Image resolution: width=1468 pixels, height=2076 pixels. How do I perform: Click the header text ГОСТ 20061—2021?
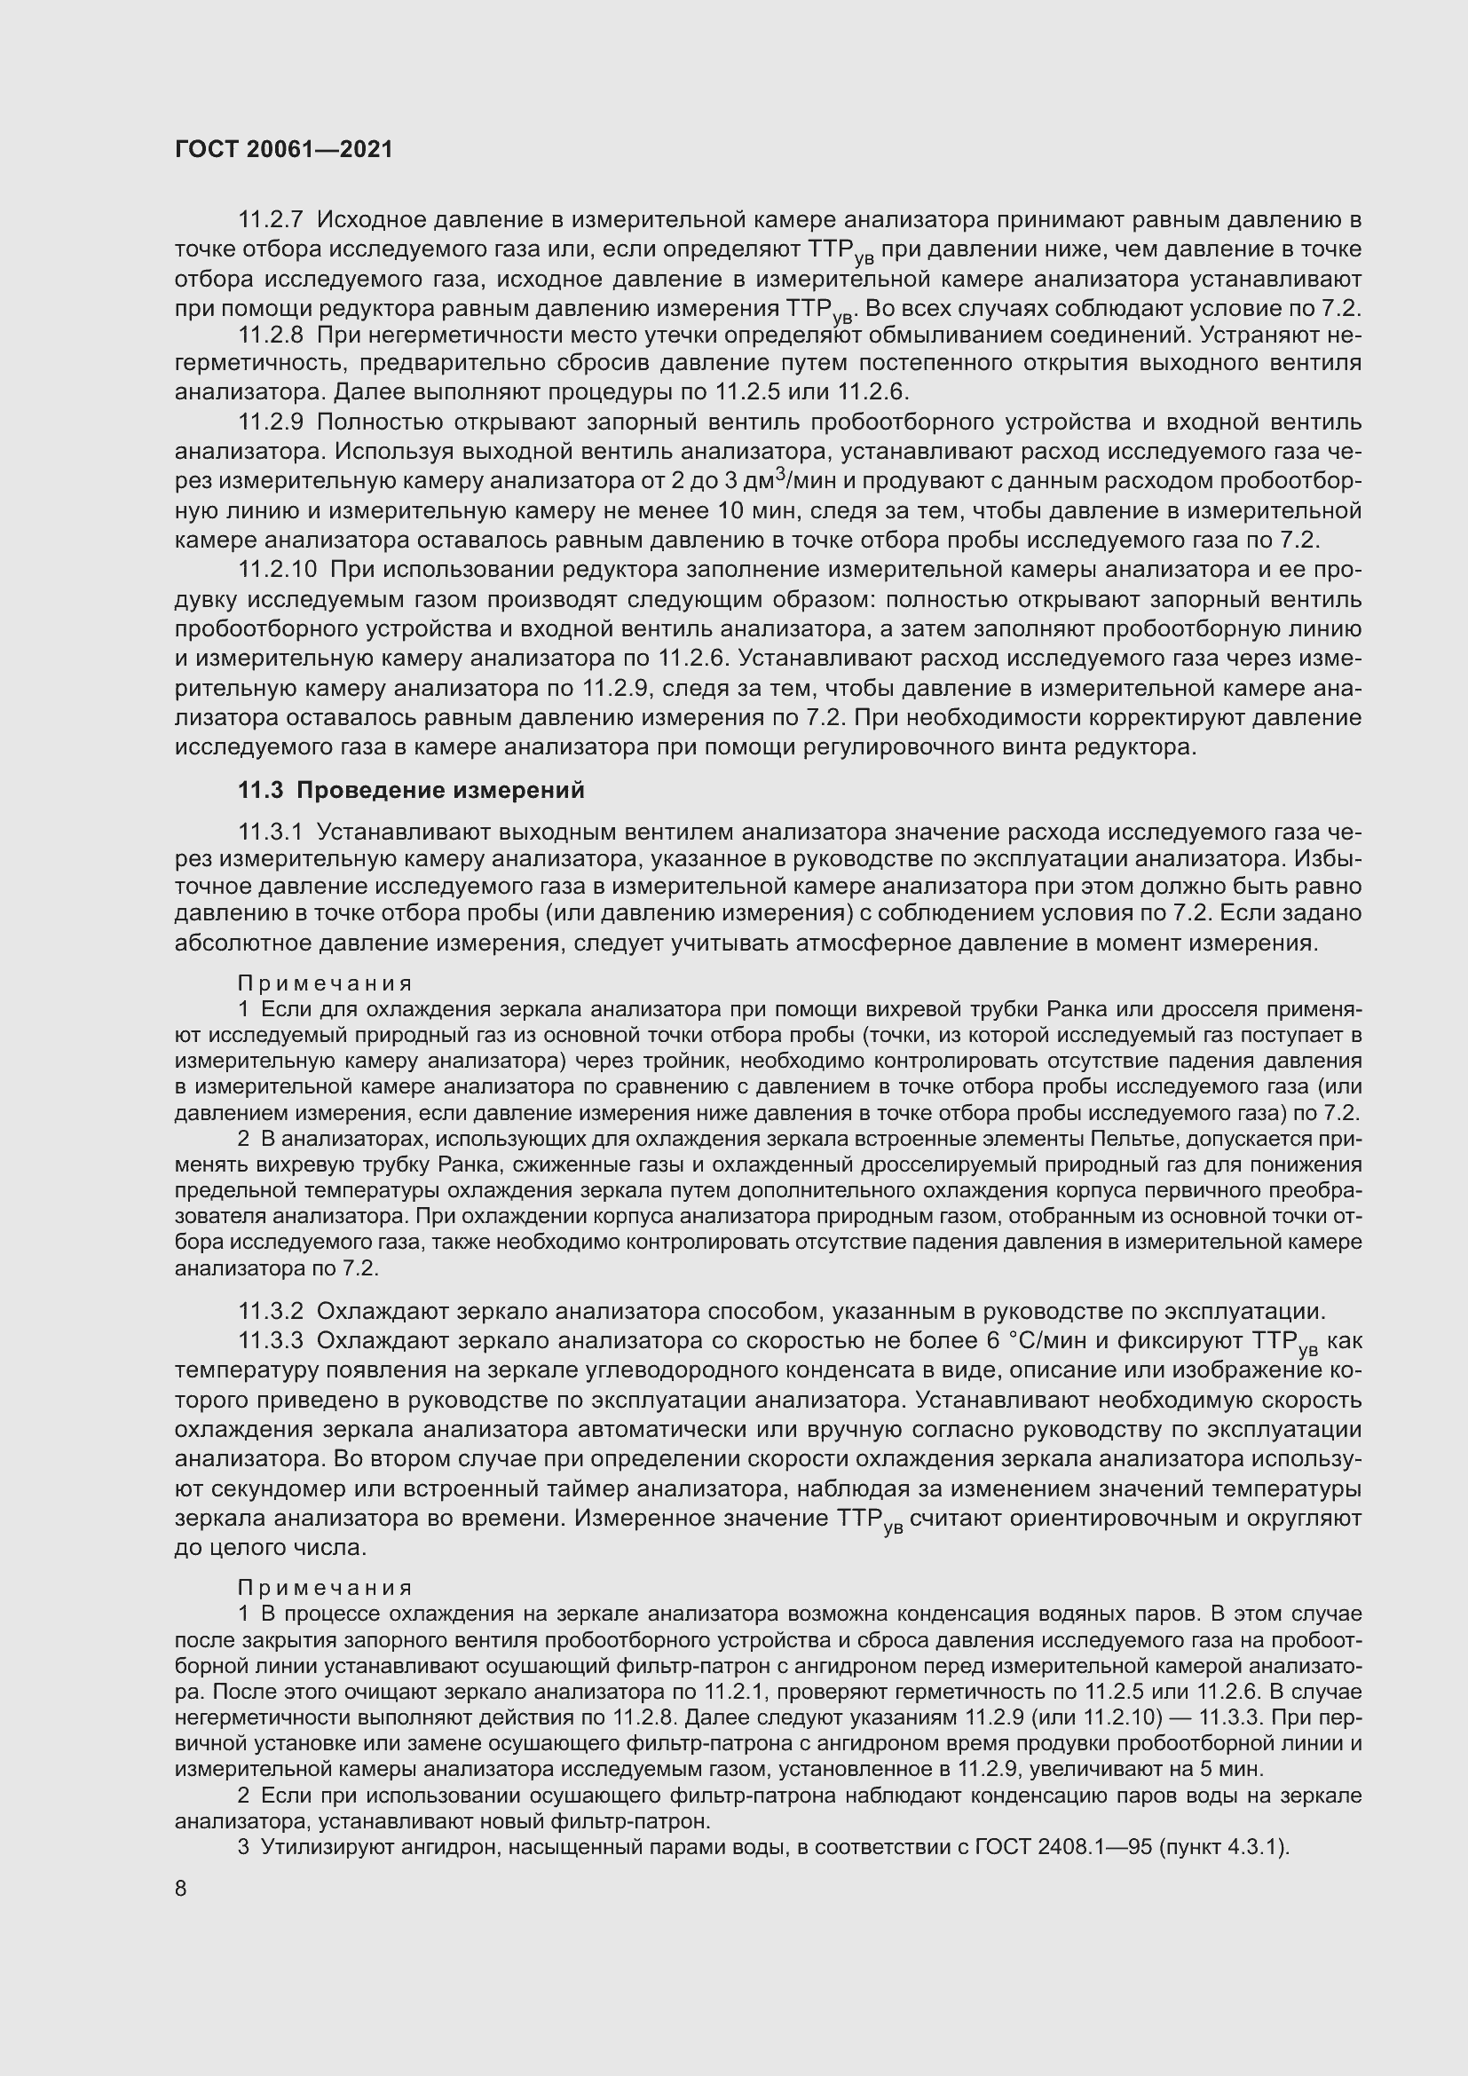tap(284, 150)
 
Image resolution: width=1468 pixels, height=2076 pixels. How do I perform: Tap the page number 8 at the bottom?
tap(181, 1889)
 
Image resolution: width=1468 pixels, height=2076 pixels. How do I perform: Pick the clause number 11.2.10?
tap(278, 570)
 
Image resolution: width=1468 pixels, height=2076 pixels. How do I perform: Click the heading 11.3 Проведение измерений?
tap(411, 790)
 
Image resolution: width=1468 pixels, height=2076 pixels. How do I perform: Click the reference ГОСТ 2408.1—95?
tap(1064, 1847)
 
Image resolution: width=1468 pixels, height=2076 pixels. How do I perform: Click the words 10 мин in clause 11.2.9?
tap(758, 511)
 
